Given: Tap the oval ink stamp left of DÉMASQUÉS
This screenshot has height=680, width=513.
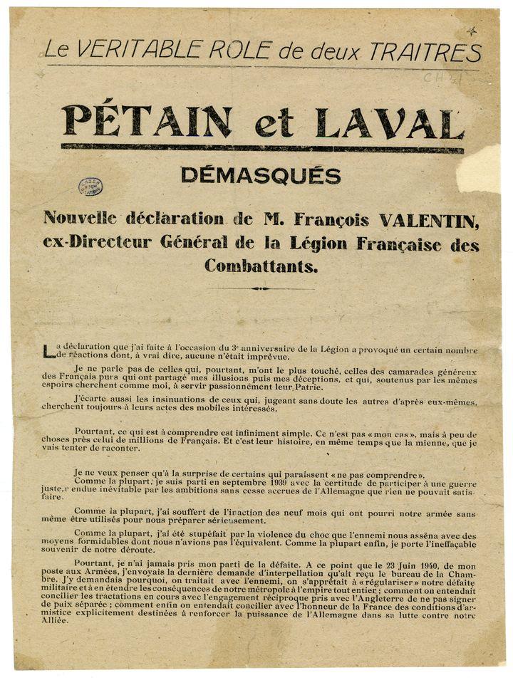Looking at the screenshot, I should pos(90,187).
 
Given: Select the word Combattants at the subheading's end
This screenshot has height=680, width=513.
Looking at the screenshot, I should pos(261,267).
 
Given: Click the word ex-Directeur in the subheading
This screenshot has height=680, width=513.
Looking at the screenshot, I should pos(88,244).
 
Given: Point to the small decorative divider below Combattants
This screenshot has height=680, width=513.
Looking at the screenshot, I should pos(261,288).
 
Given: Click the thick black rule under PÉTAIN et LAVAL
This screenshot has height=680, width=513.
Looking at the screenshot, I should pos(262,148).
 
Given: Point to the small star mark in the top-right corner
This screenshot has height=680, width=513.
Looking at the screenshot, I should pos(471,31).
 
